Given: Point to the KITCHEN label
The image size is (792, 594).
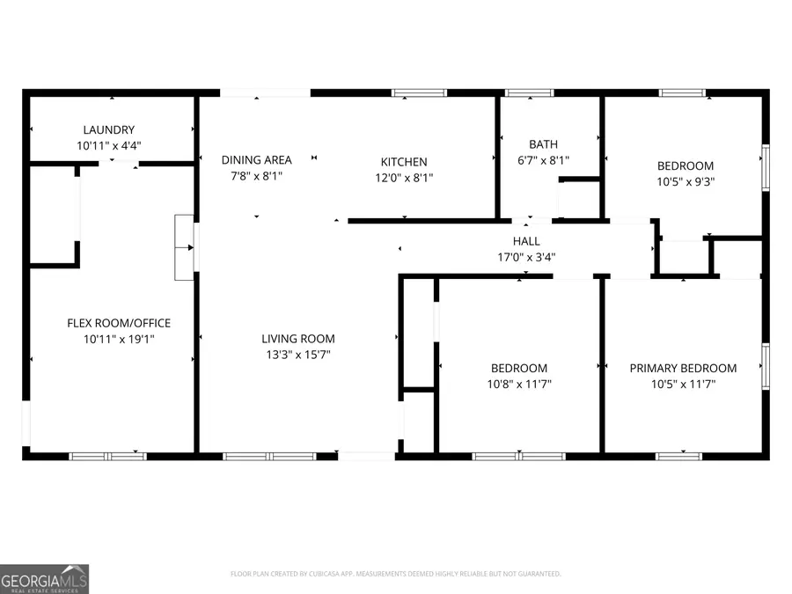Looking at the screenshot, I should tap(404, 162).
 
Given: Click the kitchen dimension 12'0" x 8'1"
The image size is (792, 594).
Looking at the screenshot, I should tap(404, 178).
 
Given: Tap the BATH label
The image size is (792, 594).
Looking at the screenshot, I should tap(543, 144).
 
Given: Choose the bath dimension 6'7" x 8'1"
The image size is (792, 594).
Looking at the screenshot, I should tap(543, 161).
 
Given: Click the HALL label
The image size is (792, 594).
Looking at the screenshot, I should tap(526, 241).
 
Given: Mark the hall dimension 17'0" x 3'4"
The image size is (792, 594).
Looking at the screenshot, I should tap(526, 258).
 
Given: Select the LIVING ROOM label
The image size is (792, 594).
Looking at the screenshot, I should tap(298, 339).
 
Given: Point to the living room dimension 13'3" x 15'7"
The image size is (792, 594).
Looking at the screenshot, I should tap(298, 355).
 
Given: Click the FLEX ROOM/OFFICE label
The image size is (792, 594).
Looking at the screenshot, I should tap(119, 323).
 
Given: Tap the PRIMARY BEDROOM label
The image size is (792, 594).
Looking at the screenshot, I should tap(683, 368).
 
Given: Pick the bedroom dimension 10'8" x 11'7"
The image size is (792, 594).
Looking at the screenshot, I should tap(518, 385).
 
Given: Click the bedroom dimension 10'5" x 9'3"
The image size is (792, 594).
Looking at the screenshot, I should tap(686, 182).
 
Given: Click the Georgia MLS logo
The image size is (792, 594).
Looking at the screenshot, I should tap(44, 579).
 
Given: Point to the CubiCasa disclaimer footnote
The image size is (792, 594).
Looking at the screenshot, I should tap(395, 574).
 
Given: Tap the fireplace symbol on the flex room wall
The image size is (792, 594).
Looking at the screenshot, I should tap(185, 247).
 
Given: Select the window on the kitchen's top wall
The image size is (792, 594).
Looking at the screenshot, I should tap(419, 92).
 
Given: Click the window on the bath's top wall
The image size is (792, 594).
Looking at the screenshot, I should tap(529, 92).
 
